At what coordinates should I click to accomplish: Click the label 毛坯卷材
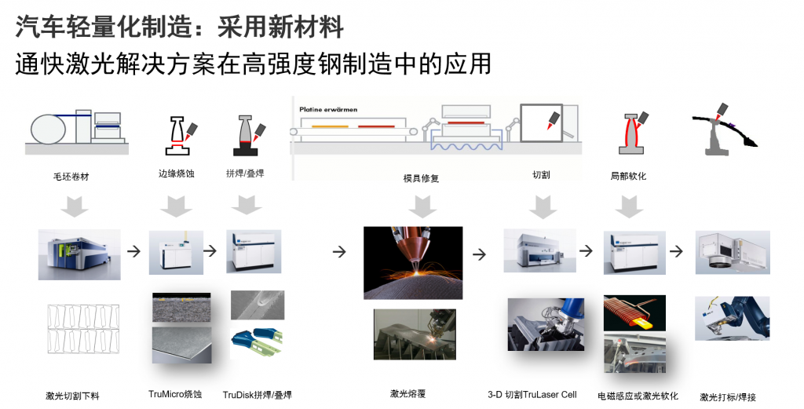click(71, 177)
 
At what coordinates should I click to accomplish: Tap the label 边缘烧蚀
click(177, 174)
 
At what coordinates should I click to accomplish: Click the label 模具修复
click(421, 178)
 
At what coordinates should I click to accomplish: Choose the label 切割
click(541, 174)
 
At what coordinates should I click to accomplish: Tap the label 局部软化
click(628, 176)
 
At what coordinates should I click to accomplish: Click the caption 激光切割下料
click(72, 396)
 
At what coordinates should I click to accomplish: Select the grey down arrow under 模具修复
click(422, 206)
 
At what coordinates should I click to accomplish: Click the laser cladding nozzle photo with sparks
click(413, 262)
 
